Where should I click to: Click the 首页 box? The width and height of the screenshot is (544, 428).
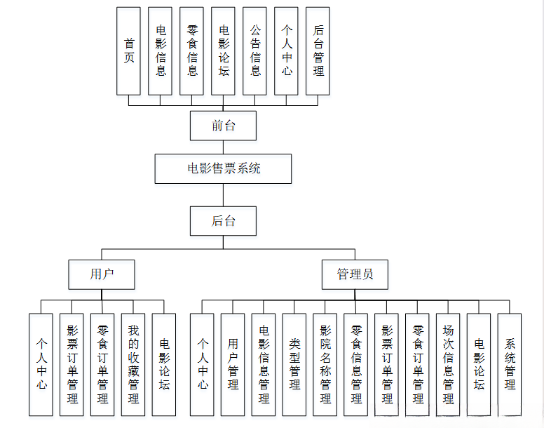pos(128,51)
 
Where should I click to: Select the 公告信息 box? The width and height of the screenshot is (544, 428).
pos(255,51)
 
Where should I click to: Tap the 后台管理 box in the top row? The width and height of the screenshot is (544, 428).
pos(318,51)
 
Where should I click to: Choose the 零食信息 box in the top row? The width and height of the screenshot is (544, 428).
pos(192,51)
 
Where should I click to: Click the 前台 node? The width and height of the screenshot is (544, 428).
pos(223,126)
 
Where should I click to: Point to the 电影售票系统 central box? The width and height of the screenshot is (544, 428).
pos(223,168)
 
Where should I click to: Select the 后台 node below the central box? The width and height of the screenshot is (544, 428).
pos(223,221)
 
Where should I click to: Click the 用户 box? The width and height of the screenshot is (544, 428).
pos(102,274)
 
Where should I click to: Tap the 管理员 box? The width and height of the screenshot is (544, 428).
pos(355,274)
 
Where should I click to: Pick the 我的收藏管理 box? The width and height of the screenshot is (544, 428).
pos(133,364)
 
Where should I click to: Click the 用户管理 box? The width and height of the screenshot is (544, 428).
pos(233,364)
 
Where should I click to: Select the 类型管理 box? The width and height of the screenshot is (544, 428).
pos(294,364)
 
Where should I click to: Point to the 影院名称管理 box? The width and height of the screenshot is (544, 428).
pos(325,364)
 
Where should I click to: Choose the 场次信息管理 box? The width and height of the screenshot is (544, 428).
pos(449,364)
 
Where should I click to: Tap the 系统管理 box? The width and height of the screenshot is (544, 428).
pos(510,364)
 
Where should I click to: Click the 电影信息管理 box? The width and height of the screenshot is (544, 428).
pos(264,364)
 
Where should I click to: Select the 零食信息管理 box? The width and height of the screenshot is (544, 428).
pos(356,364)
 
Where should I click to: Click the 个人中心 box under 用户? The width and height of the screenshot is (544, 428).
pos(41,364)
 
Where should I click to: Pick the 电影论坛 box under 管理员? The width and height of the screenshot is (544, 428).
pos(480,364)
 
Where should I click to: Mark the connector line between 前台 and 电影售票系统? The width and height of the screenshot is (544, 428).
pos(223,147)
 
